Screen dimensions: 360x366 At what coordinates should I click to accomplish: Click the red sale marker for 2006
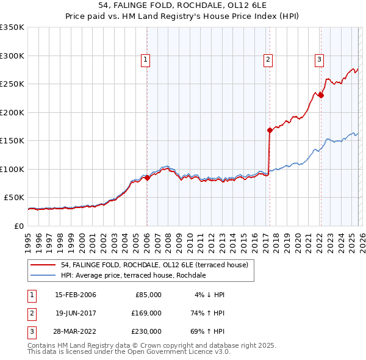pos(147,178)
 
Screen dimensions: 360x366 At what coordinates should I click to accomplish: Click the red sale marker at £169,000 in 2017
pos(269,130)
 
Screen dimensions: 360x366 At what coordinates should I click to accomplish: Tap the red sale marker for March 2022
pos(321,95)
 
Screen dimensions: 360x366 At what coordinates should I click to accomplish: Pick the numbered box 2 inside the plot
pos(268,60)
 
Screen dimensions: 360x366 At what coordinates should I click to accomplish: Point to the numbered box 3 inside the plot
pos(320,60)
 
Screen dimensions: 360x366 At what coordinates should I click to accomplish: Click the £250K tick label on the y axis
pos(12,84)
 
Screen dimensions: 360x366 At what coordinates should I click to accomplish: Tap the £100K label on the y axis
pos(12,169)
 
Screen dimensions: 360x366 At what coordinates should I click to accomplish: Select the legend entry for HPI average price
pos(133,275)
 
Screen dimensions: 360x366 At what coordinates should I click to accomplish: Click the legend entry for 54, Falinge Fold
pos(154,265)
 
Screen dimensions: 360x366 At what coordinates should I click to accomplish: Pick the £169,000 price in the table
pos(146,313)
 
